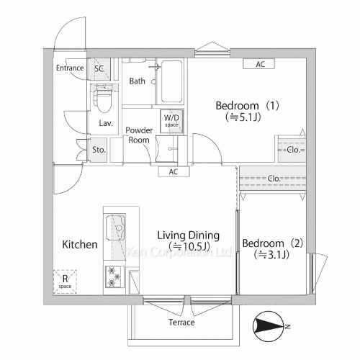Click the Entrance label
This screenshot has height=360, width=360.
(x=70, y=68)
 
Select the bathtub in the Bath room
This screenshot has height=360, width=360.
(x=171, y=81)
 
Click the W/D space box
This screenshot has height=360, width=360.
(x=172, y=121)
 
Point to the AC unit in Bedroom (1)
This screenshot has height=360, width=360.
(x=258, y=64)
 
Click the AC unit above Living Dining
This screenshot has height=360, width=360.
(x=174, y=171)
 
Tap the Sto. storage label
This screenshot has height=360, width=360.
(x=99, y=150)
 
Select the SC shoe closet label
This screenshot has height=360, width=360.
(x=99, y=69)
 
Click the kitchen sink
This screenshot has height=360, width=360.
(x=115, y=228)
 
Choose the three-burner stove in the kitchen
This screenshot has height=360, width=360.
(x=114, y=277)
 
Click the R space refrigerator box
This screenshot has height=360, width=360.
(x=65, y=282)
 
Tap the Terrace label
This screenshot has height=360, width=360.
(x=181, y=322)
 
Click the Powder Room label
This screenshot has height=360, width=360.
(x=139, y=135)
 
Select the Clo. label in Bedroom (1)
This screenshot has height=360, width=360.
(x=293, y=150)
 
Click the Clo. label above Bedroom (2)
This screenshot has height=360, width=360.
(x=274, y=179)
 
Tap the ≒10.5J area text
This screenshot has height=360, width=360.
(x=189, y=246)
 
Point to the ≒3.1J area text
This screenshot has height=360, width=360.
(x=271, y=255)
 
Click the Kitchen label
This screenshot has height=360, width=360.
(x=80, y=245)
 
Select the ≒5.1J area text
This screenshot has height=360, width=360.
(x=243, y=117)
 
